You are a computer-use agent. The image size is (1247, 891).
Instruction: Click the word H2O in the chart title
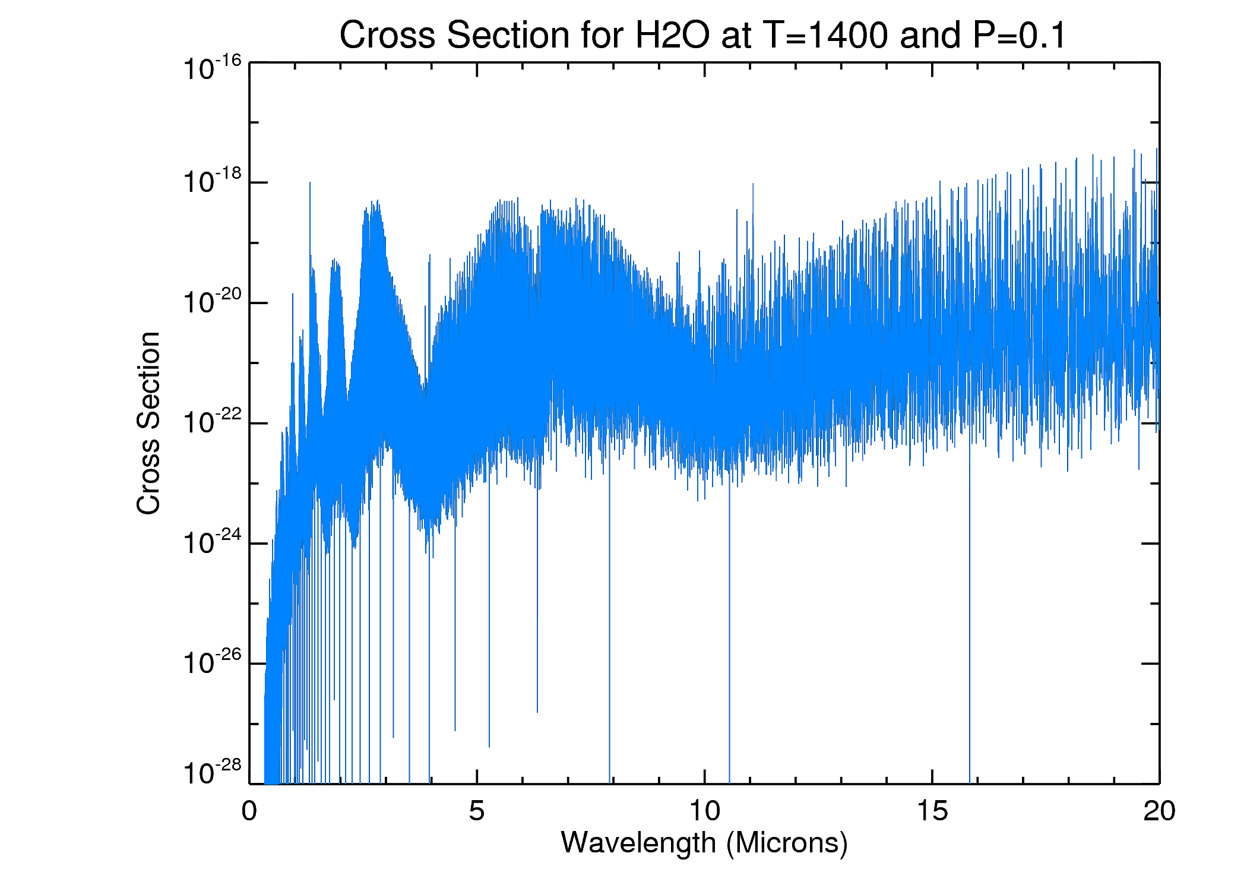tap(672, 36)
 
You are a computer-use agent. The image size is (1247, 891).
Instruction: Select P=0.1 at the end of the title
tap(1019, 36)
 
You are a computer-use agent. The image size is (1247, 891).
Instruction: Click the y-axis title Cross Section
tap(148, 423)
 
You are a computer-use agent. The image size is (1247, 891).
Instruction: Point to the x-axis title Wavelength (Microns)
tap(704, 843)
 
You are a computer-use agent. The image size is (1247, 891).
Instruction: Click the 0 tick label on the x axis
tap(249, 811)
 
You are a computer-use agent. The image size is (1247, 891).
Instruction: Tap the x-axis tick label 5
tap(477, 811)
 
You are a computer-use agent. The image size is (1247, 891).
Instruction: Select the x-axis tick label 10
tap(704, 811)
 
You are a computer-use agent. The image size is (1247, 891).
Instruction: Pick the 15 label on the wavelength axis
tap(932, 811)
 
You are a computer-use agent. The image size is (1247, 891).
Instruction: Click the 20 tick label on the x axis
tap(1159, 811)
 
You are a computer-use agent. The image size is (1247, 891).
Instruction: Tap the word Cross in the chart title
tap(387, 36)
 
